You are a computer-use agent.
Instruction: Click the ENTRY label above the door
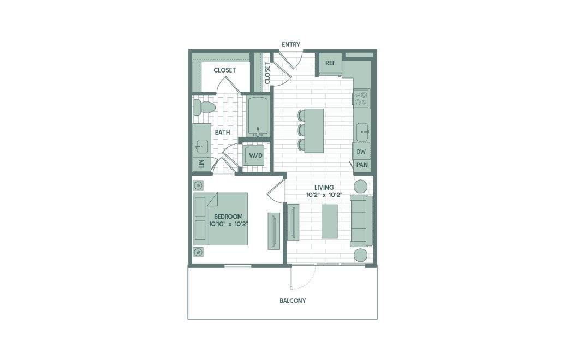point(291,45)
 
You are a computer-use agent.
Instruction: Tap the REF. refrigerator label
point(331,63)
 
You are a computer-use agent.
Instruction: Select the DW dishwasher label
point(361,152)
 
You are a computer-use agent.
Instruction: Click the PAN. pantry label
point(362,165)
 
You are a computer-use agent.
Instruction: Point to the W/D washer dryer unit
point(256,155)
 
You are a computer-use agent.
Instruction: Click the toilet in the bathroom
point(204,107)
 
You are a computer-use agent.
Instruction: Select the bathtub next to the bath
point(258,116)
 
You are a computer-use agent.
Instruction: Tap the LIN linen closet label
point(202,164)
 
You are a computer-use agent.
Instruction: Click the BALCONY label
point(293,301)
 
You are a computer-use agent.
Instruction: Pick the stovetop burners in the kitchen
point(361,98)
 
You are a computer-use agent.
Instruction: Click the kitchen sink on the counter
point(362,132)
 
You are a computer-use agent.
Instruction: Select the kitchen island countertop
point(314,130)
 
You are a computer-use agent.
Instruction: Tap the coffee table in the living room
point(330,221)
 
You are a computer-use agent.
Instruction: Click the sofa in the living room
point(361,221)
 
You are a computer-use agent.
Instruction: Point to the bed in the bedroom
point(221,219)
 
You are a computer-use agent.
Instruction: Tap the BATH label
point(222,133)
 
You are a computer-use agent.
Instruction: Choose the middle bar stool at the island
point(301,130)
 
